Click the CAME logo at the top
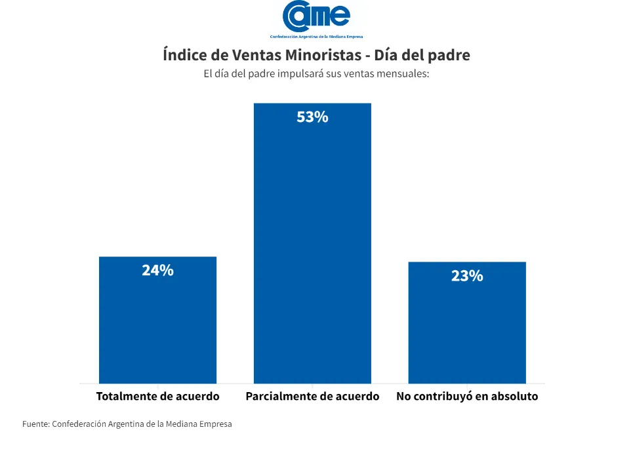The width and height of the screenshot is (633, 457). click(x=316, y=16)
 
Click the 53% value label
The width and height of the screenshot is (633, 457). click(x=312, y=117)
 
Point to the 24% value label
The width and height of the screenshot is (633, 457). click(x=157, y=270)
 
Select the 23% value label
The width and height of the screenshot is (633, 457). click(x=467, y=276)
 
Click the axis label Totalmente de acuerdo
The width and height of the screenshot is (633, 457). click(x=157, y=397)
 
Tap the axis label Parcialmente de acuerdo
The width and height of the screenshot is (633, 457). click(x=312, y=397)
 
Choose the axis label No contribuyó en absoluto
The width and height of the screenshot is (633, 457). click(x=467, y=397)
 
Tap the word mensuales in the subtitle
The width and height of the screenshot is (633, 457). click(x=401, y=73)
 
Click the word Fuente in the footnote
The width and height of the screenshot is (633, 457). click(x=35, y=424)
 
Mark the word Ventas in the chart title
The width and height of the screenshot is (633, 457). click(x=253, y=55)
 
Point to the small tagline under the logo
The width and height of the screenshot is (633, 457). click(x=316, y=37)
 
